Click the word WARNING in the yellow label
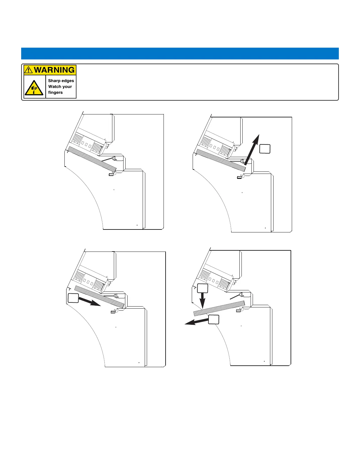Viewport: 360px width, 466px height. [x=54, y=70]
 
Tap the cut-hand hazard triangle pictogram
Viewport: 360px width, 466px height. [x=34, y=87]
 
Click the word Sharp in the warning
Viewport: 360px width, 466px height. [x=54, y=81]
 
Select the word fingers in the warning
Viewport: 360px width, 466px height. [x=55, y=92]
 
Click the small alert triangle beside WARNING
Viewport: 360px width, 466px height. [x=28, y=70]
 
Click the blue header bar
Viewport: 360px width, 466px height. [x=180, y=54]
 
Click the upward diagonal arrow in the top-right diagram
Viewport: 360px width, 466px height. [x=252, y=149]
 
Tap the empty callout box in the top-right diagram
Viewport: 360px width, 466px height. [x=265, y=149]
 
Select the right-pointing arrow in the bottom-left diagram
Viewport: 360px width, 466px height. [x=90, y=301]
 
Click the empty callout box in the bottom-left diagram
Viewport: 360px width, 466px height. [x=73, y=298]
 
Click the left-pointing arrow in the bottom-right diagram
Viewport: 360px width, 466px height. [x=196, y=322]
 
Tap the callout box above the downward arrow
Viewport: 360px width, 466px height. [x=203, y=288]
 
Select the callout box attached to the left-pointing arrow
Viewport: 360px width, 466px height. [x=214, y=319]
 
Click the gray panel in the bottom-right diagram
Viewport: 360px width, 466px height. [x=219, y=308]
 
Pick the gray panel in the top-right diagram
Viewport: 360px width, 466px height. [x=221, y=160]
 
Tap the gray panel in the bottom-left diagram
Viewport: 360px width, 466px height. [x=99, y=297]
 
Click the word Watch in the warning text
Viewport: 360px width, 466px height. [x=54, y=86]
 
